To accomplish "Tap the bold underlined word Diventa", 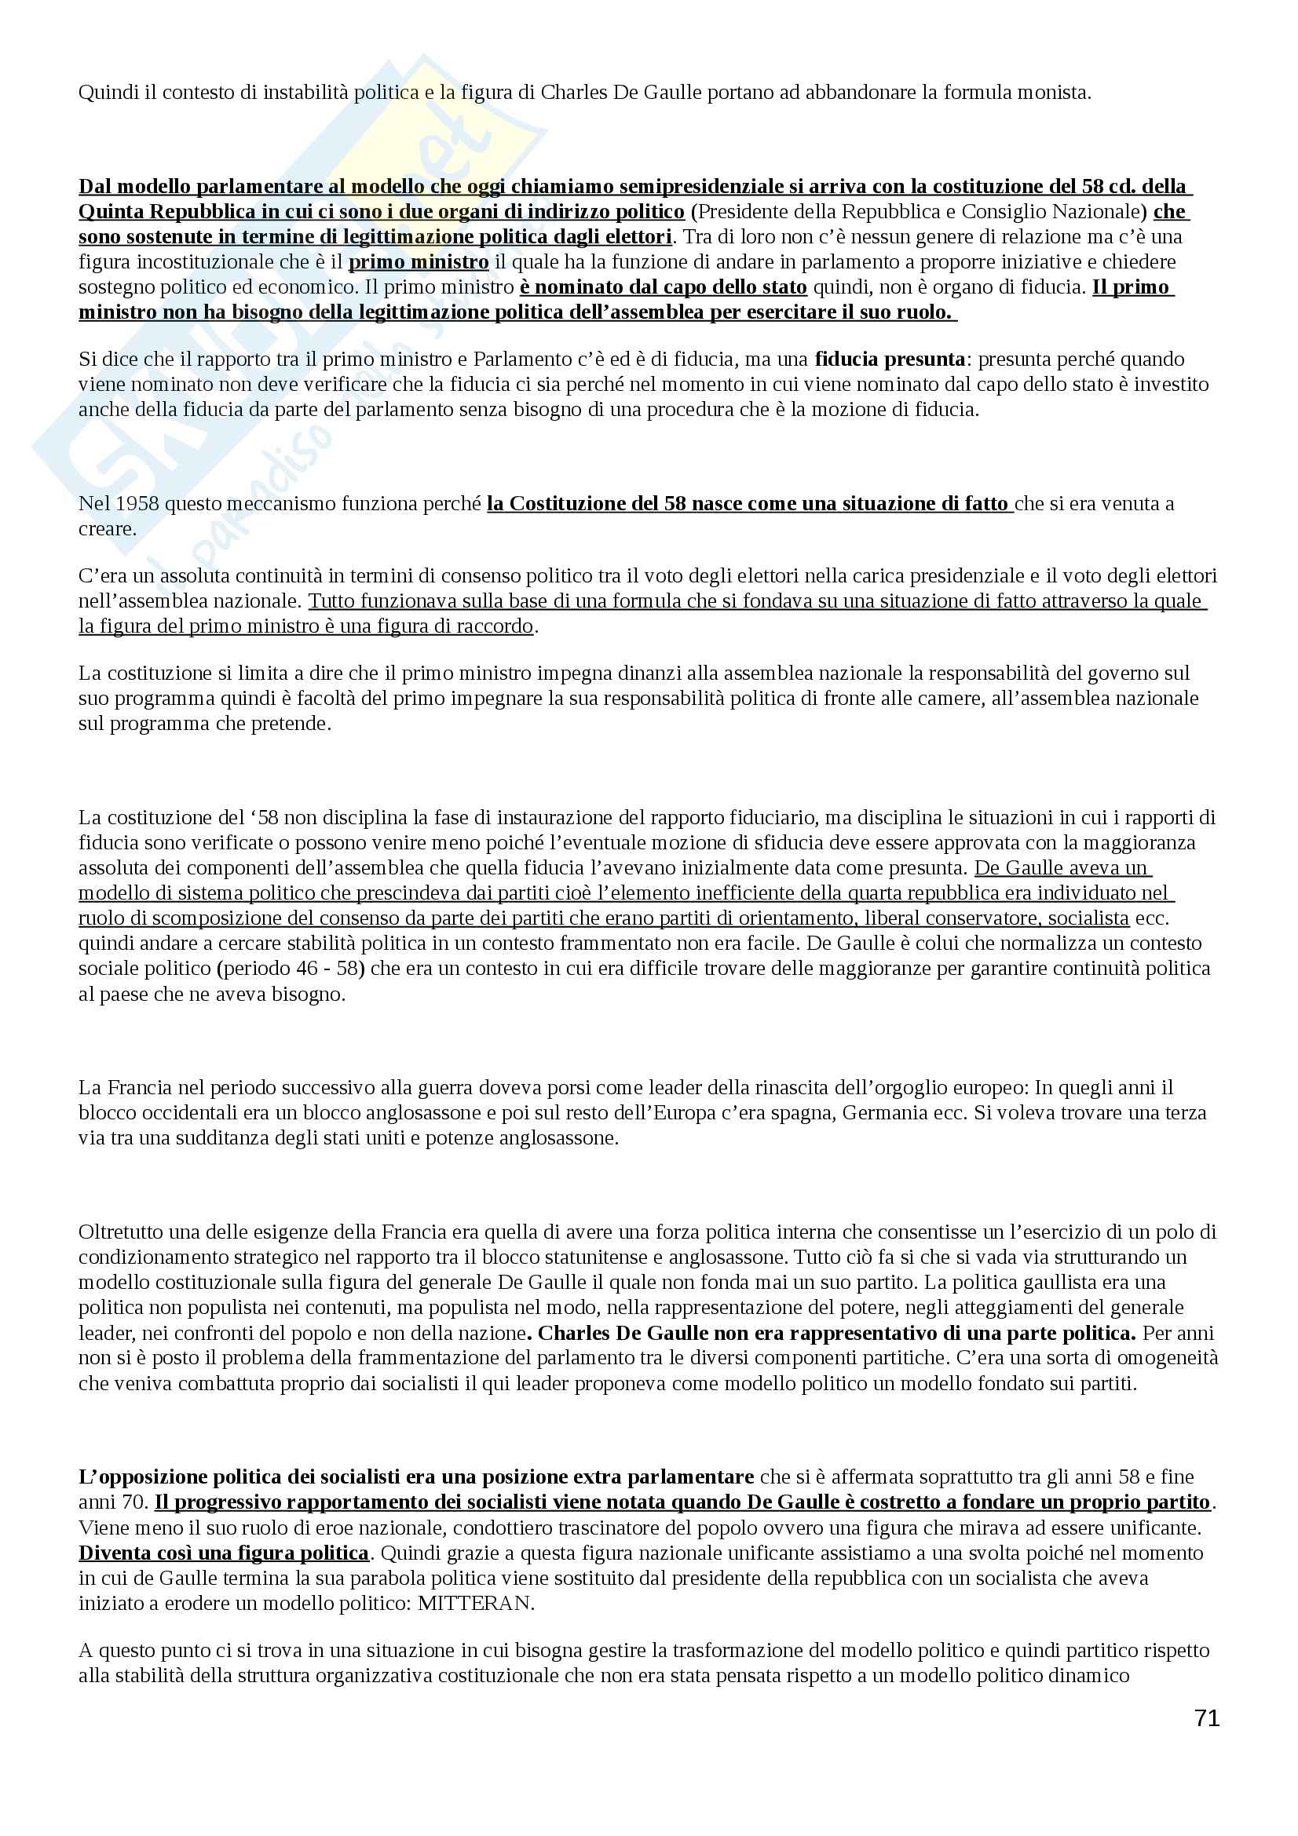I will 112,1553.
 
